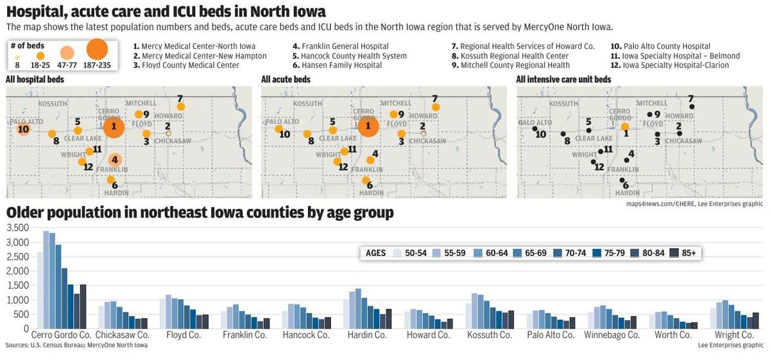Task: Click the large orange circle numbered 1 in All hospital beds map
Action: [114, 126]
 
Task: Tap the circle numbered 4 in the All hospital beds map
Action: [115, 160]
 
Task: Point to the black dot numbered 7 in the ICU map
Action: [692, 107]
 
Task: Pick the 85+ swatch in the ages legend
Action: [674, 253]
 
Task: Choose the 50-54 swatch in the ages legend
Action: [398, 253]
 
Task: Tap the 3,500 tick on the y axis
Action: [17, 228]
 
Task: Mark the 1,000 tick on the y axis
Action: [17, 300]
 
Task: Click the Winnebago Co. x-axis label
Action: [612, 335]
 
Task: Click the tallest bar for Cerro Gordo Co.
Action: [46, 279]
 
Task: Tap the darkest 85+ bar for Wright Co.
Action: [755, 320]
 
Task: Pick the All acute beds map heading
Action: [286, 80]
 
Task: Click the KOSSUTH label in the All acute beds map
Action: [307, 104]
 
